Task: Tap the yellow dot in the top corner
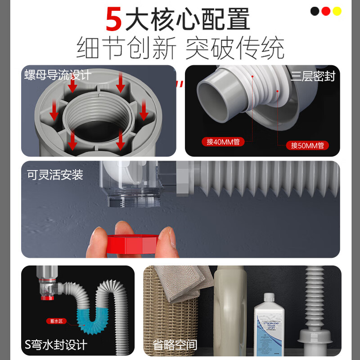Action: [x=337, y=11]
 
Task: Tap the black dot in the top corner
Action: [x=315, y=11]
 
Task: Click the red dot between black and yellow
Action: [x=326, y=11]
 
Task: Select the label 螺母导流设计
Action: [x=57, y=75]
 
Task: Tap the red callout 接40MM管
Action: [x=223, y=142]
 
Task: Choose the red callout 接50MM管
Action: [x=307, y=145]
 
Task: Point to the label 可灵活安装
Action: [x=55, y=175]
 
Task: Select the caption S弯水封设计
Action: [x=56, y=345]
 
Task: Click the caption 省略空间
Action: [x=175, y=345]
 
